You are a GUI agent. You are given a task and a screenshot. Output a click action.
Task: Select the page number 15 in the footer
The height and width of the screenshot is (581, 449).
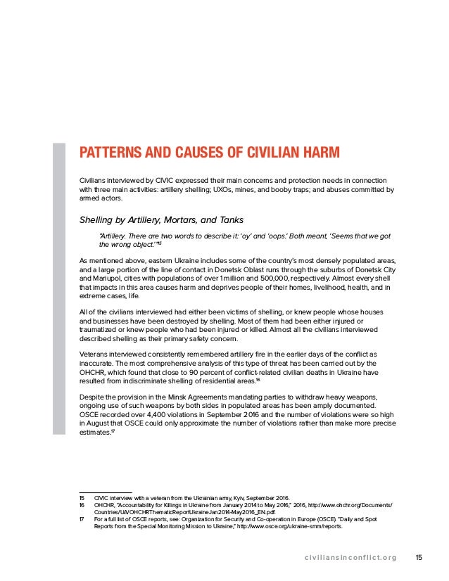(419, 558)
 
